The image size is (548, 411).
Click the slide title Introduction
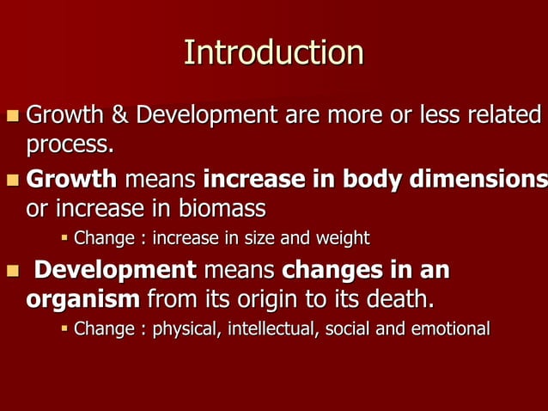pos(273,53)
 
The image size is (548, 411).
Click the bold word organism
pos(83,300)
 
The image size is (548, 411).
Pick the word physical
pos(183,328)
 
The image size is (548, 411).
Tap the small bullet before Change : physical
pos(64,328)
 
